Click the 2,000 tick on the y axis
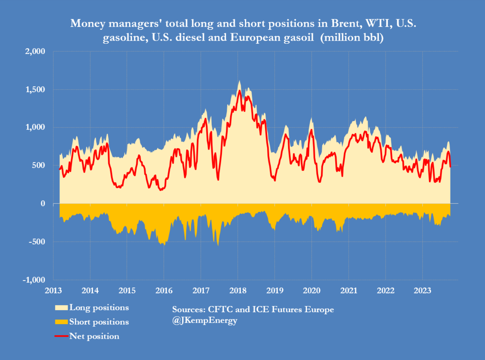click(x=35, y=52)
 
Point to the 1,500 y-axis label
click(x=35, y=90)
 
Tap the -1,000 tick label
click(x=34, y=280)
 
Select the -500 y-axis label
click(x=37, y=242)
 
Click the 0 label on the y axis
click(x=43, y=204)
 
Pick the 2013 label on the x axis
click(x=53, y=291)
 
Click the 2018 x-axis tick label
click(x=238, y=291)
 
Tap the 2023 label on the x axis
click(x=422, y=291)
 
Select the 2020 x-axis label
click(x=311, y=291)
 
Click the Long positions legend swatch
click(x=61, y=308)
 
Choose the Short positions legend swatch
click(x=61, y=322)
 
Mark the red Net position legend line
click(x=61, y=336)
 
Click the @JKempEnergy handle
click(x=205, y=321)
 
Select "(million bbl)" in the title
click(x=352, y=37)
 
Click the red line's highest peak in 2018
click(x=239, y=91)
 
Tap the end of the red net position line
click(x=451, y=166)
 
